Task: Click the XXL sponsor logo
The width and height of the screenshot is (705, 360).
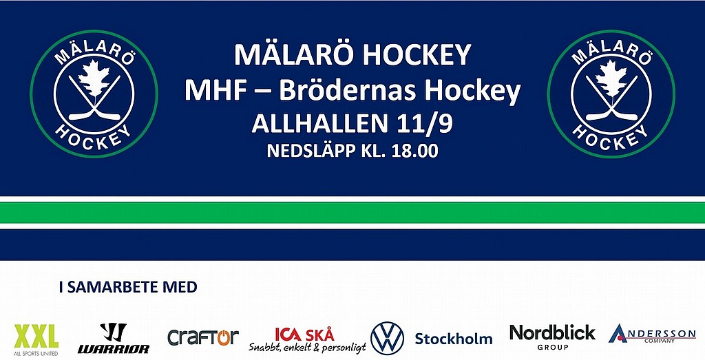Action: click(36, 339)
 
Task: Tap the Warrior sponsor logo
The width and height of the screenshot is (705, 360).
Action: click(114, 338)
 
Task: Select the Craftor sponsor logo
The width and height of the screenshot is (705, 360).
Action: click(203, 337)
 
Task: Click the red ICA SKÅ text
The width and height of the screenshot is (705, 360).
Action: click(304, 335)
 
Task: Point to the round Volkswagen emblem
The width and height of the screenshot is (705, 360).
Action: click(387, 339)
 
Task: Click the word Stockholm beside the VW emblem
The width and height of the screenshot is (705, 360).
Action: click(453, 339)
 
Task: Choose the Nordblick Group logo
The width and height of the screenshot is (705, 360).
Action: click(552, 337)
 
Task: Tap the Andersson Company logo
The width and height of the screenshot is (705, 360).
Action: click(652, 334)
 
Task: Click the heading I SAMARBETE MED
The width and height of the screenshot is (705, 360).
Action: click(128, 287)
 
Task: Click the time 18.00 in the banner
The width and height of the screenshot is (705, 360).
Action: click(414, 151)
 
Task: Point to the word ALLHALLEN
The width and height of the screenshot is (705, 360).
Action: click(319, 124)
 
